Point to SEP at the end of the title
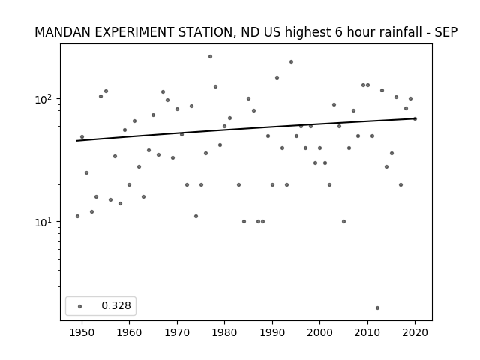coord(446,32)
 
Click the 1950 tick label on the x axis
coord(82,332)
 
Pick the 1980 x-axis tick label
coord(224,332)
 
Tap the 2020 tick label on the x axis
coord(415,332)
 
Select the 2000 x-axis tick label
coord(320,332)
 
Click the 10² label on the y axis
coord(45,99)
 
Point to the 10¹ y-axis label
coord(45,222)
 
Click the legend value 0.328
coord(116,305)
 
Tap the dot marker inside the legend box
coord(80,306)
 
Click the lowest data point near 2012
coord(377,308)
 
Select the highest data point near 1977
coord(210,57)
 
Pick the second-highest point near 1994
coord(292,61)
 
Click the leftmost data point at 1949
coord(77,217)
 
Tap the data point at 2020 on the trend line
coord(415,118)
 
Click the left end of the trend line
coord(76,141)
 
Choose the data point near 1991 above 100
coord(277,78)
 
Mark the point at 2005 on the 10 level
coord(343,222)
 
